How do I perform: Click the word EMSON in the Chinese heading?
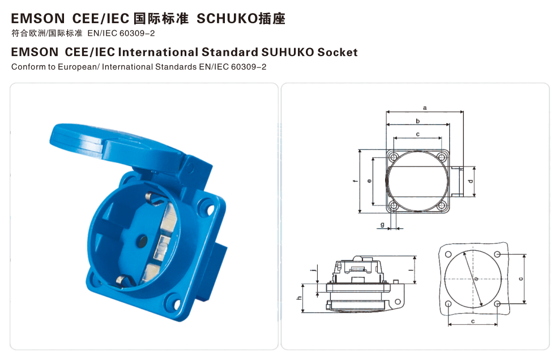point(38,19)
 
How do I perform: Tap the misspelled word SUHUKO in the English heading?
point(288,52)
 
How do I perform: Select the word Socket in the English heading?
point(337,52)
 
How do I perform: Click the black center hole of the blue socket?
point(142,241)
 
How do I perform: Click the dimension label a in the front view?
point(425,108)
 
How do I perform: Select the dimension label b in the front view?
point(418,121)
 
